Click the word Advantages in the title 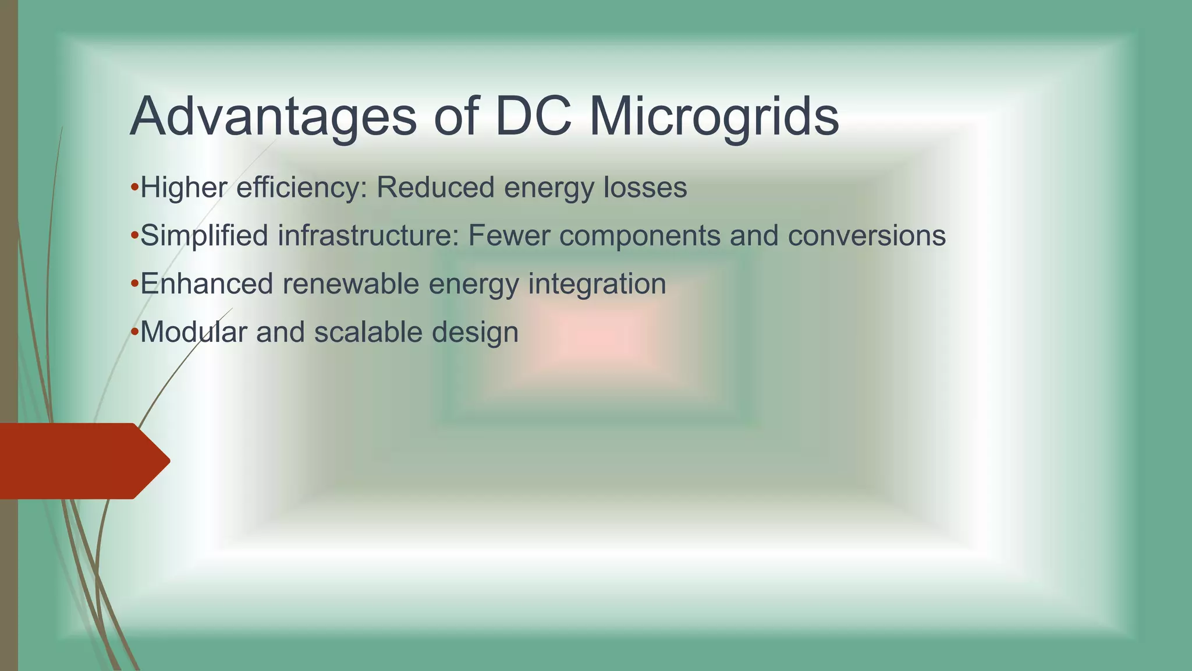[273, 116]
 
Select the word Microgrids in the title [714, 116]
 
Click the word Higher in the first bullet [184, 188]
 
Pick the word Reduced [435, 188]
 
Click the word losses [645, 188]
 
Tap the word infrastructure [369, 236]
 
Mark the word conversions [867, 236]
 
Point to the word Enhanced [207, 284]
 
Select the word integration [597, 285]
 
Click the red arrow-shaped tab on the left [81, 461]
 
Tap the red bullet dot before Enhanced [134, 284]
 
